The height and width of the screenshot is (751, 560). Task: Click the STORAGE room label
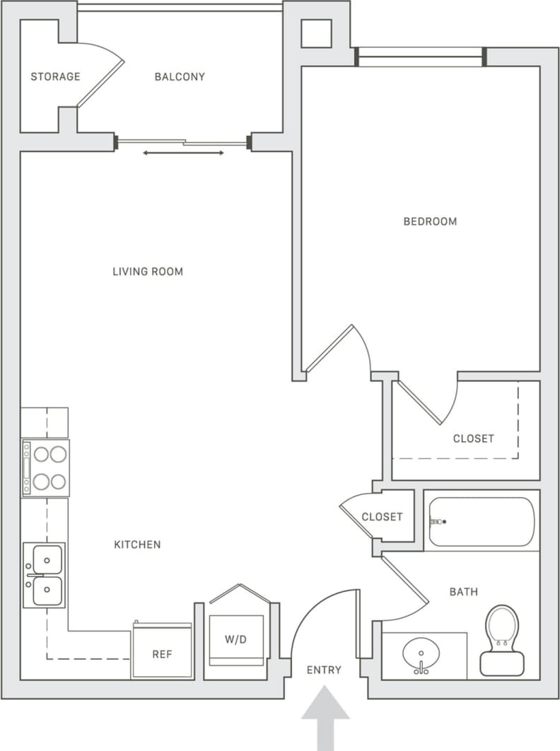[x=55, y=76]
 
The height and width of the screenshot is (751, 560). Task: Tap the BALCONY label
[x=180, y=76]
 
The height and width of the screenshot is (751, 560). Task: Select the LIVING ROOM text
[x=148, y=272]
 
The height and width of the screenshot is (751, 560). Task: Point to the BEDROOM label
[x=430, y=221]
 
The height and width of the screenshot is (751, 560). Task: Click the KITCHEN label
[x=137, y=545]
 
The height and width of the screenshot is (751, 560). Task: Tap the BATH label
[x=463, y=592]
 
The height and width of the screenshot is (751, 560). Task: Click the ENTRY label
[x=325, y=670]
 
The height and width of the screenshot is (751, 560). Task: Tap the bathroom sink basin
[x=421, y=655]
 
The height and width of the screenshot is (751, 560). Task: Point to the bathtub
[x=482, y=522]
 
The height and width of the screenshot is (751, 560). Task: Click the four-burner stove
[x=46, y=468]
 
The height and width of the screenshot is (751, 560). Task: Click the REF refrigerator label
[x=162, y=655]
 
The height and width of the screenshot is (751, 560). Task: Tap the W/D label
[x=236, y=640]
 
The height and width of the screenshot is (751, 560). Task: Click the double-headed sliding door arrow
[x=184, y=153]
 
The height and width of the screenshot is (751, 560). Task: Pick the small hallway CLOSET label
[x=382, y=517]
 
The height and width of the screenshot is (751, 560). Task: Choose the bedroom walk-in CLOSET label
[x=473, y=438]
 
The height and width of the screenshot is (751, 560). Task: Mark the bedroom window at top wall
[x=420, y=57]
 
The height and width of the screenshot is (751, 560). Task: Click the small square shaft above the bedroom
[x=316, y=33]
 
